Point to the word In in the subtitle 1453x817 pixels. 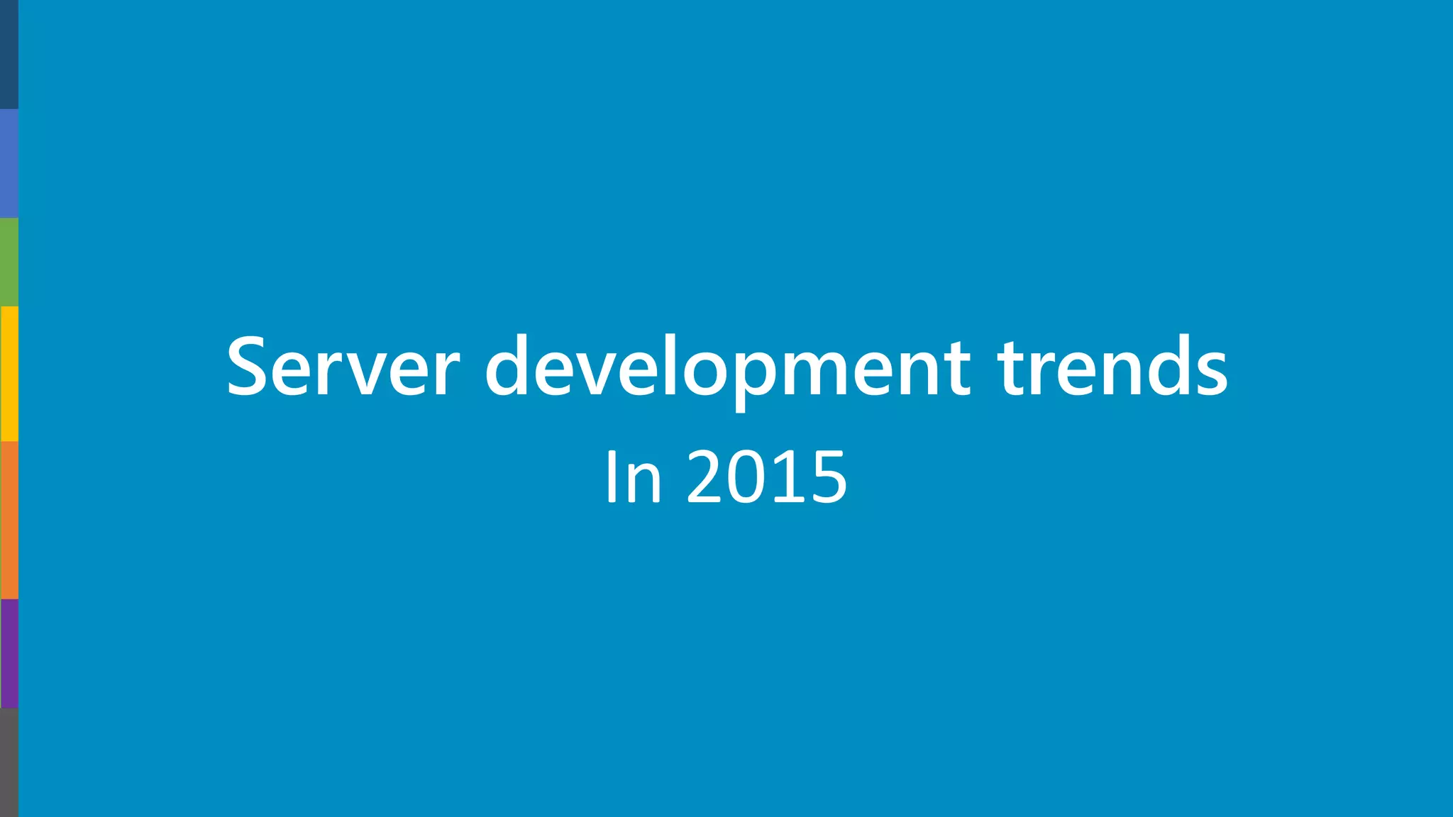pyautogui.click(x=634, y=477)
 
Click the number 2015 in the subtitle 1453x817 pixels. pyautogui.click(x=767, y=477)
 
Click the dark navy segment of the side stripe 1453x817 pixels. pyautogui.click(x=9, y=55)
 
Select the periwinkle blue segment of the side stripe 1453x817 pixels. pyautogui.click(x=9, y=163)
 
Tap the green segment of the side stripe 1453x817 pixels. pyautogui.click(x=9, y=262)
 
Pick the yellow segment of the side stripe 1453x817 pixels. pyautogui.click(x=9, y=374)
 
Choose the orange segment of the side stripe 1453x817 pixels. pyautogui.click(x=9, y=520)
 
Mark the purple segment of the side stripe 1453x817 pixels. pyautogui.click(x=9, y=653)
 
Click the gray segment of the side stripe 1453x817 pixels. pyautogui.click(x=9, y=762)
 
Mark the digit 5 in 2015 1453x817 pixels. pyautogui.click(x=827, y=477)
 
